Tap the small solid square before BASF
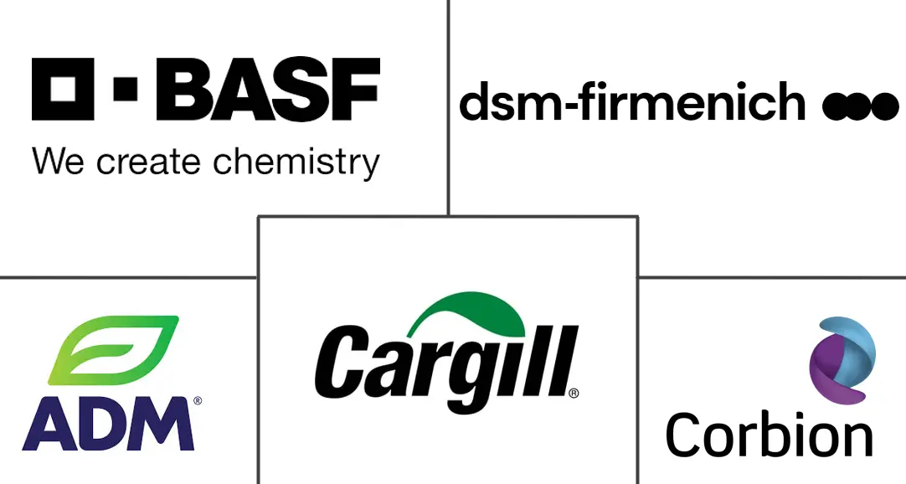pos(126,89)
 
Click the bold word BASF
pos(268,89)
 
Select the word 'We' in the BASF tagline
pos(59,161)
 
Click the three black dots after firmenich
pos(860,106)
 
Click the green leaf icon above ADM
pos(113,350)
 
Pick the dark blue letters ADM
pos(109,424)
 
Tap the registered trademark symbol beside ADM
pos(198,402)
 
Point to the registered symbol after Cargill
pos(574,392)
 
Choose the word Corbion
pos(769,436)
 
